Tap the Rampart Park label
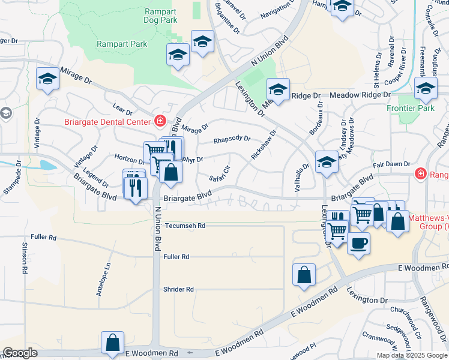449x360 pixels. [x=122, y=44]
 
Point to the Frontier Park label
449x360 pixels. [x=424, y=109]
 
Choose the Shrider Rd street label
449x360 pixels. [x=178, y=289]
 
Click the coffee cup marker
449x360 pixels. [x=358, y=244]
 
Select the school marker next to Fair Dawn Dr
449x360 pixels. [x=326, y=163]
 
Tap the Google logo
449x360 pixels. [x=20, y=353]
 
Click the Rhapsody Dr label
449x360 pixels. [x=232, y=140]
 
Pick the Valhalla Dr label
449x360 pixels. [x=301, y=178]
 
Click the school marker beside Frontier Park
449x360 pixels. [x=426, y=89]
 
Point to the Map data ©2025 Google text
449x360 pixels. [x=411, y=355]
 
